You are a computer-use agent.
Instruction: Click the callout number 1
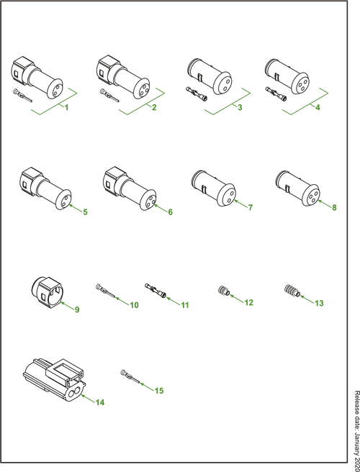pyautogui.click(x=66, y=107)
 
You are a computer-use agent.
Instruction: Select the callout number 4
pyautogui.click(x=318, y=107)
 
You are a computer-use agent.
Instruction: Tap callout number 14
pyautogui.click(x=100, y=402)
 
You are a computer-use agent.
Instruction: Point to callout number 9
pyautogui.click(x=77, y=309)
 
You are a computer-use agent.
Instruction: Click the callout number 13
pyautogui.click(x=319, y=303)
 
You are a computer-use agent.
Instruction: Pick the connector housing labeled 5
pyautogui.click(x=45, y=188)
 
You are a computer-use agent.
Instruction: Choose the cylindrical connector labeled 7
pyautogui.click(x=214, y=188)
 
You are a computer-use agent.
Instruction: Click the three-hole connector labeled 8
pyautogui.click(x=297, y=189)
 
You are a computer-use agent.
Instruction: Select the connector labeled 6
pyautogui.click(x=130, y=188)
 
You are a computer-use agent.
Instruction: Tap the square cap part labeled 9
pyautogui.click(x=47, y=291)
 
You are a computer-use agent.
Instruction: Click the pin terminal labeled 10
pyautogui.click(x=105, y=291)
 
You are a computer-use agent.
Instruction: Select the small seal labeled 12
pyautogui.click(x=223, y=291)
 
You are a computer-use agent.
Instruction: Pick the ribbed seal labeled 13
pyautogui.click(x=292, y=291)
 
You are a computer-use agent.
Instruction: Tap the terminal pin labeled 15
pyautogui.click(x=130, y=376)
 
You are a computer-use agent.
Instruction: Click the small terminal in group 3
pyautogui.click(x=197, y=94)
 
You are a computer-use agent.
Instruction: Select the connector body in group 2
pyautogui.click(x=123, y=77)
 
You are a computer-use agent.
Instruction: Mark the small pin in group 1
pyautogui.click(x=22, y=96)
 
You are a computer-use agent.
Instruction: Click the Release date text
pyautogui.click(x=357, y=431)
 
